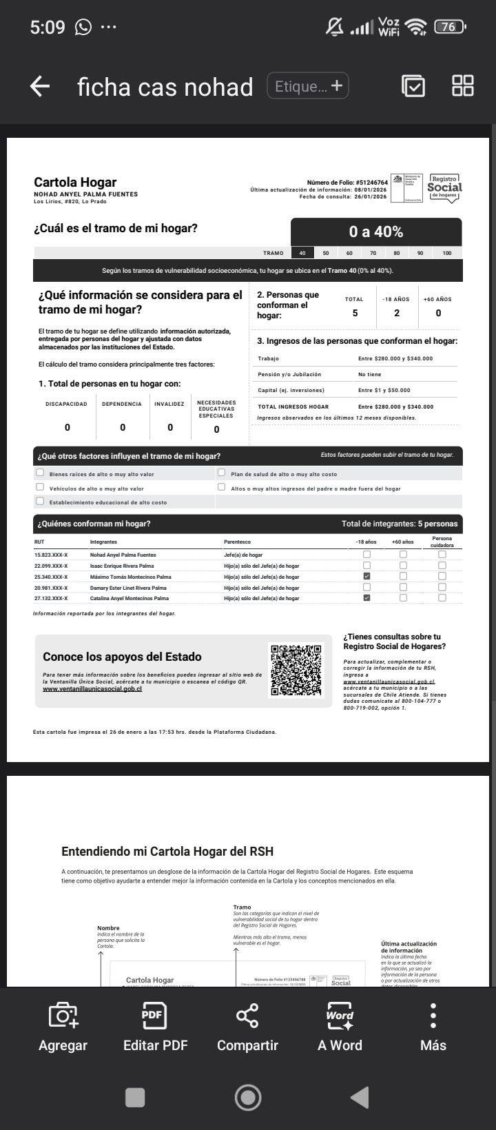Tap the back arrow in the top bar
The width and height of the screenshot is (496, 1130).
tap(40, 86)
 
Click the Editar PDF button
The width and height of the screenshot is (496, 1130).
tap(155, 1027)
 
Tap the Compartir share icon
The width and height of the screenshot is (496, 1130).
tap(247, 1027)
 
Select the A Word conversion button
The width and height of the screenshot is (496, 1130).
tap(340, 1027)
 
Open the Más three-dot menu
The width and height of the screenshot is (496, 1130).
tap(433, 1027)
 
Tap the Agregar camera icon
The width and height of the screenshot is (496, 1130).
tap(63, 1027)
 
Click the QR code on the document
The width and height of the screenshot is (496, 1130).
tap(296, 670)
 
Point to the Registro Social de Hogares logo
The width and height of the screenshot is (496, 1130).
tap(444, 187)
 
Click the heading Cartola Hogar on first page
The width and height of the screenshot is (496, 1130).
tap(75, 183)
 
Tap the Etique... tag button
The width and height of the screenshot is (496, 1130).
tap(308, 86)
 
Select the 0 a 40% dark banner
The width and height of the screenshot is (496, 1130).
tap(376, 232)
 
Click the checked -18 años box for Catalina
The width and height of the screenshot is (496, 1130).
tap(366, 598)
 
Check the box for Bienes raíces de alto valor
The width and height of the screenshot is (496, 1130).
tap(40, 473)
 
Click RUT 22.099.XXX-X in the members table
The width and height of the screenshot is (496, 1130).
tap(51, 566)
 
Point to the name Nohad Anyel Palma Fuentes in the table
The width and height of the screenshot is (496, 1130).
tap(123, 555)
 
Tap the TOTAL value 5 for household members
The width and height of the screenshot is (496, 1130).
tap(355, 313)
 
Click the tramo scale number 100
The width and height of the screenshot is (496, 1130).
tap(447, 253)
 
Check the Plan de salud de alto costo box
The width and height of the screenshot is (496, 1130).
tap(222, 473)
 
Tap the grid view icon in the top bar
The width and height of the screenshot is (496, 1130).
tap(463, 86)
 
